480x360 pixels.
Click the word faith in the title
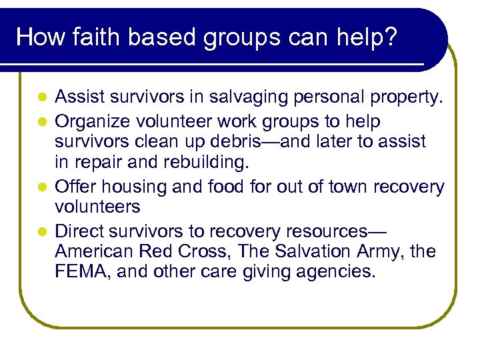point(89,37)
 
